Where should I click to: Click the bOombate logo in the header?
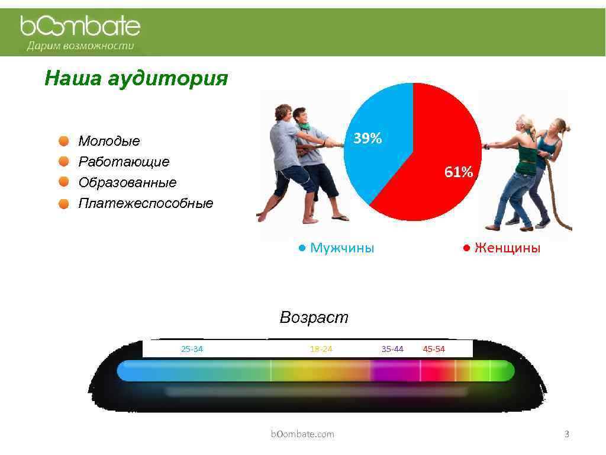tap(80, 26)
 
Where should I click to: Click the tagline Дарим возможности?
tap(80, 46)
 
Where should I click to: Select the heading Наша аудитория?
tap(136, 78)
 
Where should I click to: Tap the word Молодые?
tap(109, 141)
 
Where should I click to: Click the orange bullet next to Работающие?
tap(63, 162)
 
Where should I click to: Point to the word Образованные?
tap(127, 182)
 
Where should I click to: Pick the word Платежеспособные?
tap(146, 204)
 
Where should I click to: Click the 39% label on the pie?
tap(368, 139)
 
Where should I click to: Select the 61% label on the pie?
tap(459, 172)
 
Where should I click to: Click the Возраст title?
tap(314, 318)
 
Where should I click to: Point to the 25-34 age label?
tap(192, 349)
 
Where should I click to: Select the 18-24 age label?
tap(321, 349)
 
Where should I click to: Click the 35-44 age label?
tap(392, 349)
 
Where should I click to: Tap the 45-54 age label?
tap(434, 349)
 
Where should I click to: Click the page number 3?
tap(566, 434)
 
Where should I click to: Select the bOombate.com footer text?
tap(302, 434)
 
